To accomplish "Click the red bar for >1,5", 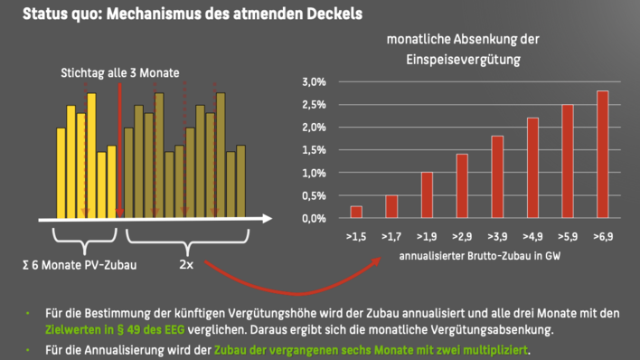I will pos(356,213).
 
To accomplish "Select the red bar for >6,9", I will pos(602,155).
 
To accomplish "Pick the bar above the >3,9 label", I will pos(497,177).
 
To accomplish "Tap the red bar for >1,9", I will pos(427,195).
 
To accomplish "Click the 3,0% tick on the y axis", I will pos(313,82).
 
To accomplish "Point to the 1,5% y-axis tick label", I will pos(313,150).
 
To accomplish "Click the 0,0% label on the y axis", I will pos(313,218).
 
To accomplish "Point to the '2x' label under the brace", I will pos(185,267).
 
